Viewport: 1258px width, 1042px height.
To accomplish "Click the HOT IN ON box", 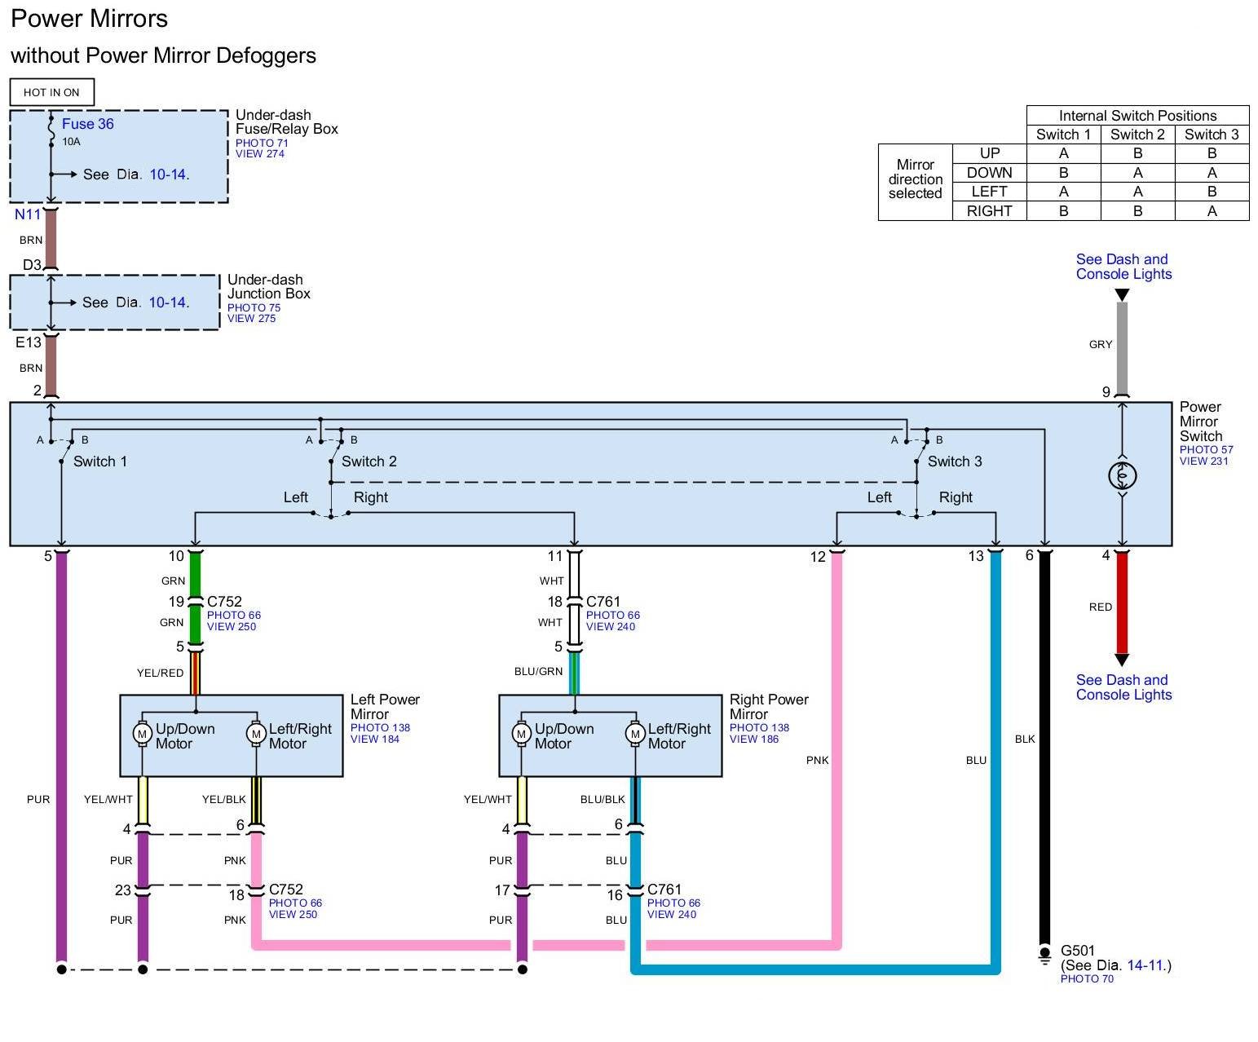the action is pos(52,92).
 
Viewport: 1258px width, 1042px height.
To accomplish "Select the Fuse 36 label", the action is pos(87,124).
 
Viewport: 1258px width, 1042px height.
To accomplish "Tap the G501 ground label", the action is pos(1077,951).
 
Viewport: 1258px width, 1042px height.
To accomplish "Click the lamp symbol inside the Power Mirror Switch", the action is pos(1122,475).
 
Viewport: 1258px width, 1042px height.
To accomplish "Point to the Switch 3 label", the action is pos(955,461).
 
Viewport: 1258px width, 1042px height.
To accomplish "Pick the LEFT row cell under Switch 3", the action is pos(1212,192).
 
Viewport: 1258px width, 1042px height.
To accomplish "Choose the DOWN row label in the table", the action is pos(989,173).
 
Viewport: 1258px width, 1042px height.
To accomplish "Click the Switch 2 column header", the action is pos(1137,135).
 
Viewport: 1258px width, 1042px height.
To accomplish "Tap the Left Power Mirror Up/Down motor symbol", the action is pos(142,734).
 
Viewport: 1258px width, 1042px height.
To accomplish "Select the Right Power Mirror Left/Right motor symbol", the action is pos(635,734).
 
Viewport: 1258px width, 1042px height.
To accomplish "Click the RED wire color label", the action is pos(1100,607).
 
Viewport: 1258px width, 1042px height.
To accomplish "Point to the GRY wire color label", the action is pos(1100,344).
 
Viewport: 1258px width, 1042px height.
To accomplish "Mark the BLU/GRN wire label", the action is pos(538,671).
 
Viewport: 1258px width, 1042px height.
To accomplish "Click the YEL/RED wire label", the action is pos(160,673).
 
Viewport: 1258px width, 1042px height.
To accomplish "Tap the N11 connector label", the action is pos(27,214).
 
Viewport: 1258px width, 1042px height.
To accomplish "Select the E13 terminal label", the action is pos(28,342).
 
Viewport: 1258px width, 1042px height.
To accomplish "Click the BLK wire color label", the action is pos(1024,739).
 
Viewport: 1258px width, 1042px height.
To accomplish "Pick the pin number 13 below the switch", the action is pos(975,556).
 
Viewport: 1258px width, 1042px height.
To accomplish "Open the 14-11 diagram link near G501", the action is pos(1145,965).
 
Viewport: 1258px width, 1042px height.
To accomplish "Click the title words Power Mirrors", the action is pos(89,19).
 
